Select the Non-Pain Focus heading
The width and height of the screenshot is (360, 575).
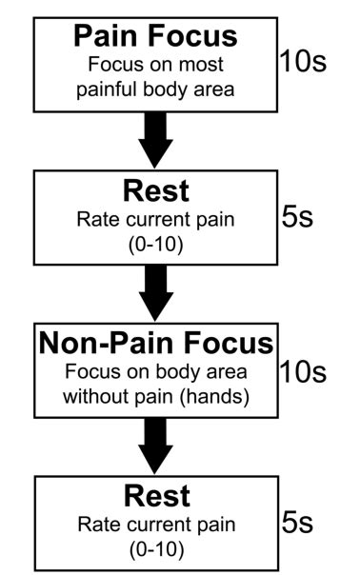[156, 344]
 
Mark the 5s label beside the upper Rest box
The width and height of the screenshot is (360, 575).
[298, 216]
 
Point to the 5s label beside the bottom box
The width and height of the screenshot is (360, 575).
[298, 522]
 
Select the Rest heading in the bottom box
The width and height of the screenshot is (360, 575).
[156, 496]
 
